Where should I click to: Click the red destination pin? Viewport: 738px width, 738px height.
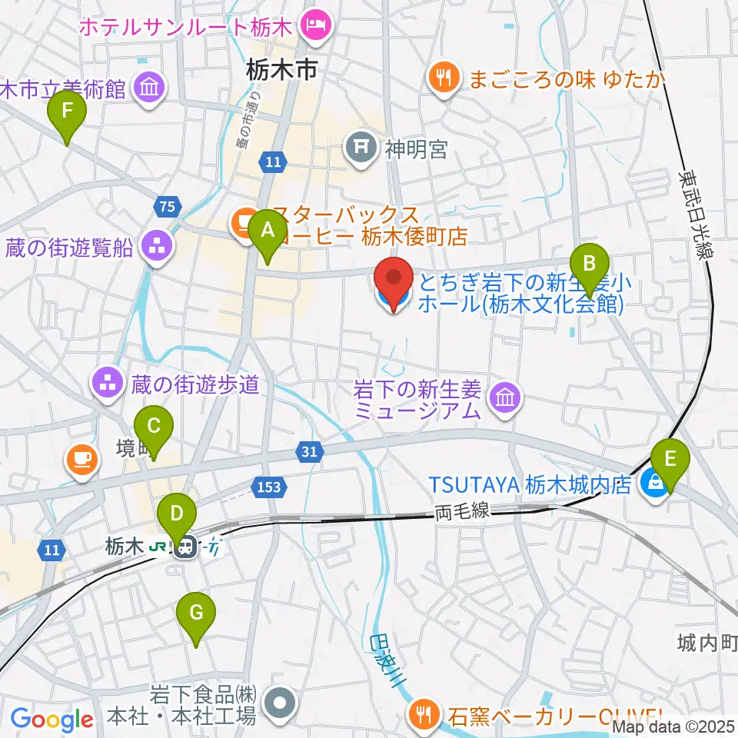coord(394,284)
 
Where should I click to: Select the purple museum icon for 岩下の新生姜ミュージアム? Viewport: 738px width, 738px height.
coord(507,397)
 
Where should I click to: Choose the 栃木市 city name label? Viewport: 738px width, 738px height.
coord(281,71)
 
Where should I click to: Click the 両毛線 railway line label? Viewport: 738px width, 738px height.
coord(461,511)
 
